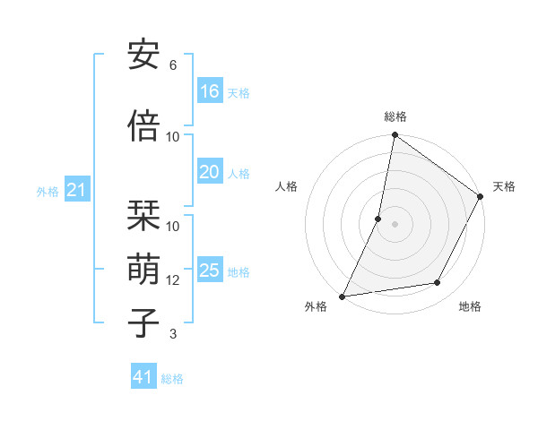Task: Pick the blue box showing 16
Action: [x=210, y=90]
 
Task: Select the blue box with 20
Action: [x=210, y=172]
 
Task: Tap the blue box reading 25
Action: [x=210, y=271]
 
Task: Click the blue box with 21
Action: [x=75, y=190]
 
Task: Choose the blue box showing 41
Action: [x=143, y=377]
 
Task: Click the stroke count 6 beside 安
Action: [x=173, y=65]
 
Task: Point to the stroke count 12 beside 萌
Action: [x=173, y=280]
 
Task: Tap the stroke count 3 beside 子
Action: [x=173, y=334]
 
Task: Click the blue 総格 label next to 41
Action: [x=173, y=379]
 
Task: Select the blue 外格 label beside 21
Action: [x=47, y=192]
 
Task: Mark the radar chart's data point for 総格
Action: [x=395, y=135]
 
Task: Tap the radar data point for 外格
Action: [x=343, y=296]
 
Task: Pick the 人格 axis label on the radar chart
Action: [x=287, y=186]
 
